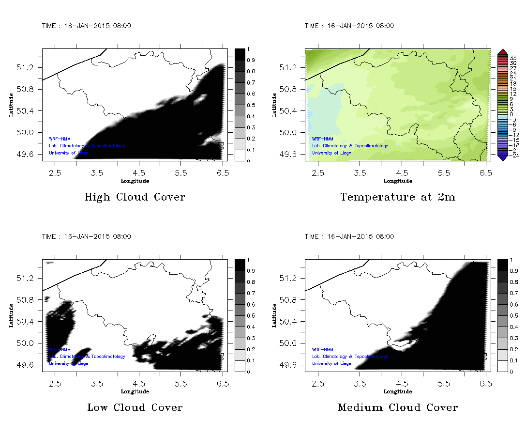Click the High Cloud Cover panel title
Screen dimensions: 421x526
pyautogui.click(x=135, y=197)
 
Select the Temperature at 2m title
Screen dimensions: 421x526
pyautogui.click(x=398, y=197)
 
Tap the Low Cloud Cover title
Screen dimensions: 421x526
pyautogui.click(x=135, y=407)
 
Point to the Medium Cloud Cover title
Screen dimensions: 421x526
pyautogui.click(x=398, y=407)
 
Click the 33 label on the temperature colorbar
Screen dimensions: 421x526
pyautogui.click(x=514, y=58)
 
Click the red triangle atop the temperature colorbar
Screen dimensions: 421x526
pyautogui.click(x=502, y=52)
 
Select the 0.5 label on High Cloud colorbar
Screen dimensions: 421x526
pyautogui.click(x=251, y=105)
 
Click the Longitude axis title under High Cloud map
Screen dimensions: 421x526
pyautogui.click(x=135, y=181)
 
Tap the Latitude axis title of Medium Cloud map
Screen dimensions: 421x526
pyautogui.click(x=274, y=315)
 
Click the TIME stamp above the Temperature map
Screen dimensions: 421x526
pyautogui.click(x=349, y=26)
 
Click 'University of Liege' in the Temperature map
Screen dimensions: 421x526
pyautogui.click(x=331, y=153)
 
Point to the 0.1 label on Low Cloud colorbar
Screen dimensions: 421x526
pyautogui.click(x=251, y=361)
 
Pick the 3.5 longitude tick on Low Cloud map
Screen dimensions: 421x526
pyautogui.click(x=97, y=383)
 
